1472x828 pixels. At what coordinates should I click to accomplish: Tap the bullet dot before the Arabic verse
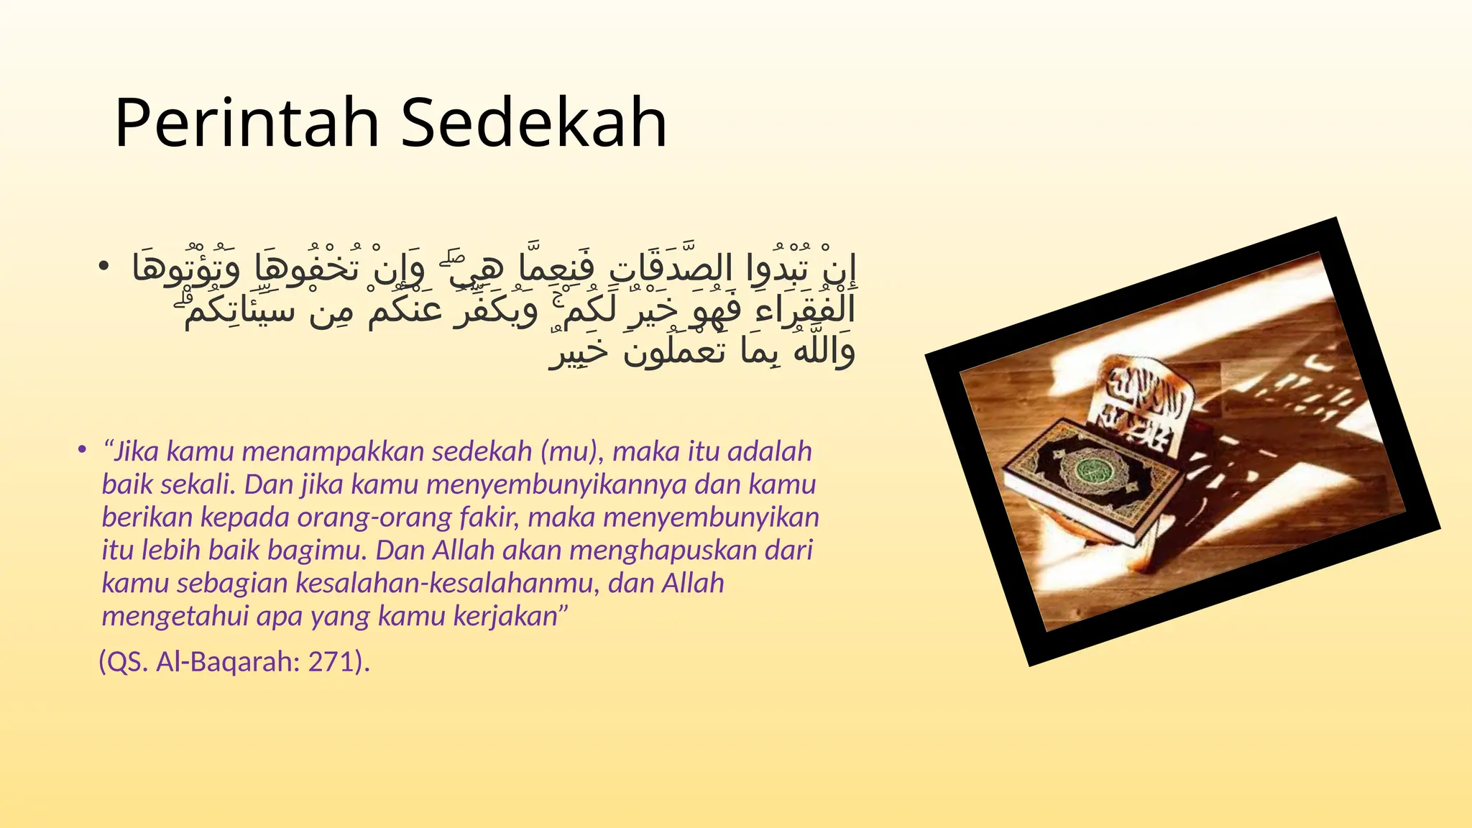pos(104,267)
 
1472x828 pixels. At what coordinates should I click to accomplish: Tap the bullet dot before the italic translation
pos(83,451)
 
